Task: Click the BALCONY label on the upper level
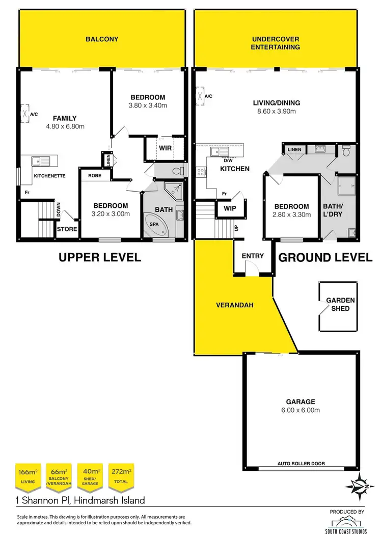pyautogui.click(x=102, y=39)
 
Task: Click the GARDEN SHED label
pyautogui.click(x=340, y=305)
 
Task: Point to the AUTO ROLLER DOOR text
pyautogui.click(x=301, y=464)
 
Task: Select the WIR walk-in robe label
pyautogui.click(x=165, y=149)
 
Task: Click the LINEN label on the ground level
pyautogui.click(x=294, y=149)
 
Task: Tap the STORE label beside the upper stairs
pyautogui.click(x=67, y=229)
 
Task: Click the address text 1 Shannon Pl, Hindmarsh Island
pyautogui.click(x=80, y=500)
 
